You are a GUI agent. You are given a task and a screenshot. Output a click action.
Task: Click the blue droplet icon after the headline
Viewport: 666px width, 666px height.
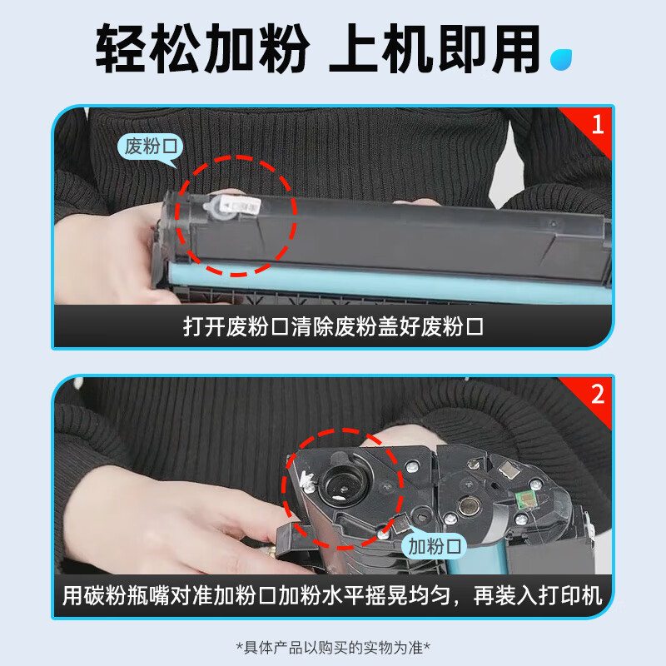[560, 59]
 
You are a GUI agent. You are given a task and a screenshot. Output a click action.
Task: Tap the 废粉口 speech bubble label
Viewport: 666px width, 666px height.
[151, 147]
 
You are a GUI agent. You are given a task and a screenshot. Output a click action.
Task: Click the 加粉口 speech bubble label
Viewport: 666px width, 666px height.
[434, 545]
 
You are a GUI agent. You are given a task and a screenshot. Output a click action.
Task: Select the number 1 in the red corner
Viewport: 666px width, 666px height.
[598, 124]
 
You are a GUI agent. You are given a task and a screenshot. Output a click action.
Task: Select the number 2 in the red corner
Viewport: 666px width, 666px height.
[598, 395]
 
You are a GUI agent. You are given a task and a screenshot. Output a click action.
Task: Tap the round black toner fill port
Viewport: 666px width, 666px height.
[344, 483]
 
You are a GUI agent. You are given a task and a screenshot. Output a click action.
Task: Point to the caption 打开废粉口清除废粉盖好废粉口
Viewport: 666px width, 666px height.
[334, 327]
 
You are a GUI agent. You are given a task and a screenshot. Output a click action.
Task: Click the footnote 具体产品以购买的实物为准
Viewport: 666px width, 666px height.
[333, 648]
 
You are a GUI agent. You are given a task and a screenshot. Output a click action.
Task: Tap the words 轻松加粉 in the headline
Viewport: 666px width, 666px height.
[202, 49]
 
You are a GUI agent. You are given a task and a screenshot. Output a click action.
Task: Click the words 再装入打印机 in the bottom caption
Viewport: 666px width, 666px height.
[538, 595]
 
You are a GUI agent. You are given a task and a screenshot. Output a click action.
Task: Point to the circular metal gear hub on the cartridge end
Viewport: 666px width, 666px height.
[470, 506]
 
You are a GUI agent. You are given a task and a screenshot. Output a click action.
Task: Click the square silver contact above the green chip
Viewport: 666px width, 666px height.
[509, 470]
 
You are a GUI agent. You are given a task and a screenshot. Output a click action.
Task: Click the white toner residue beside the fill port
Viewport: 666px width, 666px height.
[306, 480]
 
